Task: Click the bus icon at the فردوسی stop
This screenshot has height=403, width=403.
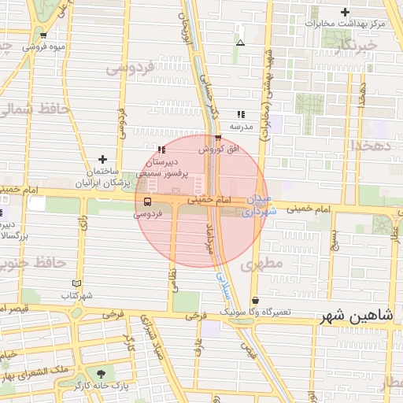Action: click(x=148, y=201)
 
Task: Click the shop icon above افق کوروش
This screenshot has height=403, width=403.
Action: click(x=217, y=139)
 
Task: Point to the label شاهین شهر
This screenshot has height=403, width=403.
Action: click(x=356, y=315)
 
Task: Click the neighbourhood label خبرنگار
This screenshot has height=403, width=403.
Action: click(x=357, y=46)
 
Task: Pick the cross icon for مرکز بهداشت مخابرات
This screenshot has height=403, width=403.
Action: click(x=345, y=12)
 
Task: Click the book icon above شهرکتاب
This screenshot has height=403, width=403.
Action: click(x=76, y=283)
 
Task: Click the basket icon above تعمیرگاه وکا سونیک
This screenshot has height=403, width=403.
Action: click(x=255, y=301)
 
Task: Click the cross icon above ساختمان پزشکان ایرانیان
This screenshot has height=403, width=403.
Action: click(x=102, y=159)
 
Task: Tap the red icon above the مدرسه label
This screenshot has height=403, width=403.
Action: click(x=240, y=114)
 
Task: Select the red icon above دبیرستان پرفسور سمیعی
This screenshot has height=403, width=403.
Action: click(x=161, y=149)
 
